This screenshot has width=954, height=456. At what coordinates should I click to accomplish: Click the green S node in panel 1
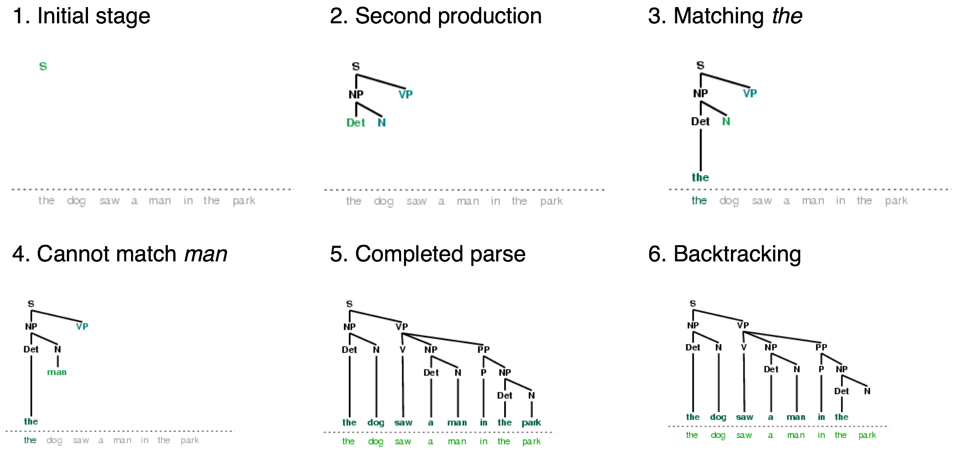tap(43, 66)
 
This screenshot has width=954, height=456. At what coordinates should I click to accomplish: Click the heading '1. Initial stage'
tap(81, 17)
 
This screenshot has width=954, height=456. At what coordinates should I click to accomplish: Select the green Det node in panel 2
tap(356, 122)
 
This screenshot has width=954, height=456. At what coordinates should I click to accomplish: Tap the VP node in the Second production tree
tap(405, 94)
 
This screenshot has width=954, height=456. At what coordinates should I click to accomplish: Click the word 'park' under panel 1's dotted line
tap(244, 201)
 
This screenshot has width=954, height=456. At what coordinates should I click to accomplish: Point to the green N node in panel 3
tap(726, 122)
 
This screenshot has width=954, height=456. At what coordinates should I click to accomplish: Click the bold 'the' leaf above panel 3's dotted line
tap(700, 178)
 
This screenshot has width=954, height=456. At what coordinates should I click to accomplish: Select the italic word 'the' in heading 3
tap(787, 17)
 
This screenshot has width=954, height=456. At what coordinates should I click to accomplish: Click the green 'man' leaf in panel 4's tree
tap(57, 372)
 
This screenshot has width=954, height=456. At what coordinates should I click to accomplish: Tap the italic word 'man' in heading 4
tap(206, 254)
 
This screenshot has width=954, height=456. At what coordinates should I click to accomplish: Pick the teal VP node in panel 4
tap(82, 326)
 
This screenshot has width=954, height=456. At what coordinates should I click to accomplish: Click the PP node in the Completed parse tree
tap(484, 349)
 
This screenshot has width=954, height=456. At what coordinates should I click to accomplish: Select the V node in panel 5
tap(403, 349)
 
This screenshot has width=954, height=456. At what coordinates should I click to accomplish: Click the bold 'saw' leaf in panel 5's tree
tap(403, 422)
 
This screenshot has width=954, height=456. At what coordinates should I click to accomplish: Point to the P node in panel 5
tap(484, 372)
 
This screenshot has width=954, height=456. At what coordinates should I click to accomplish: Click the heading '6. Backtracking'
tap(724, 254)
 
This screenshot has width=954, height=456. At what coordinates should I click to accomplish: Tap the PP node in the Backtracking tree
tap(821, 347)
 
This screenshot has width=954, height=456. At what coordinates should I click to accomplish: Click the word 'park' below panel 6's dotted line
tap(867, 435)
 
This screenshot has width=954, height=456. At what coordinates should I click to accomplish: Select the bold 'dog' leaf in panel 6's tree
tap(718, 417)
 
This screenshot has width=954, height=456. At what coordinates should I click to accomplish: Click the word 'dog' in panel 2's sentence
tap(383, 201)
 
